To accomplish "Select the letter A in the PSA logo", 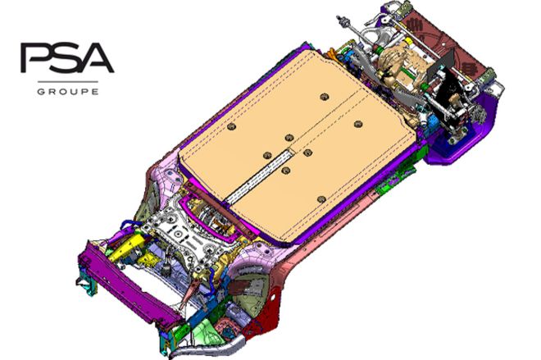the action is pyautogui.click(x=98, y=57).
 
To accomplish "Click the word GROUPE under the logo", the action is pyautogui.click(x=68, y=92).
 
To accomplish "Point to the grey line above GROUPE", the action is pyautogui.click(x=68, y=82).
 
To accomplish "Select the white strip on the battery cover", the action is pyautogui.click(x=260, y=175).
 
